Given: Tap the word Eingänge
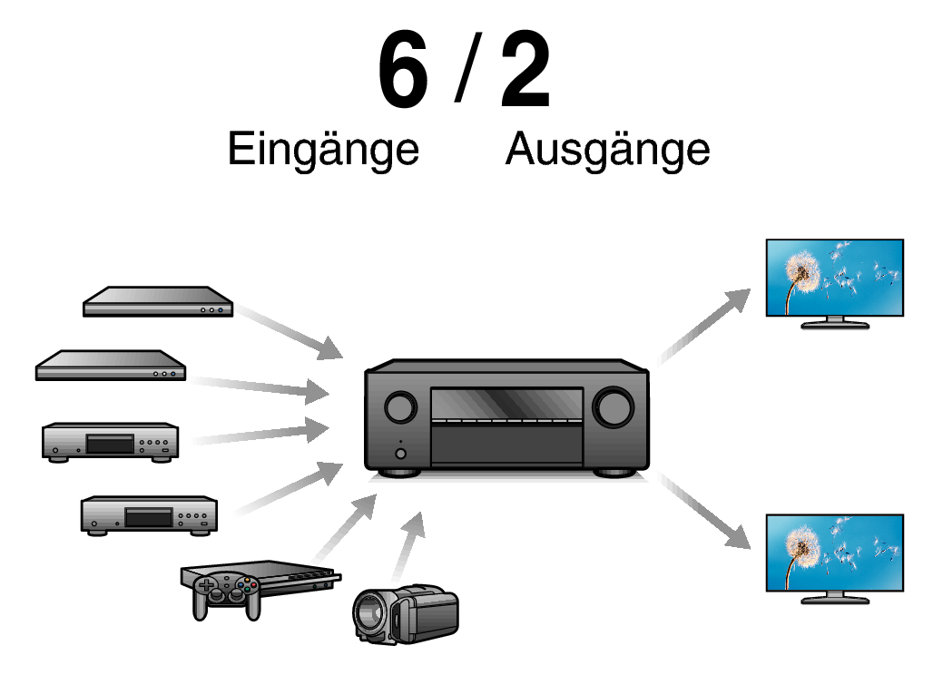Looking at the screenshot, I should [323, 149].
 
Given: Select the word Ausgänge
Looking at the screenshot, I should [607, 149].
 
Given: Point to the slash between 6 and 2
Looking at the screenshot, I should [466, 73].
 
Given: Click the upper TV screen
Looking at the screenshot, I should [834, 277].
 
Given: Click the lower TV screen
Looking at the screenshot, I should [834, 553].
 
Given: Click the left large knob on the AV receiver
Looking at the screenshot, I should [399, 407].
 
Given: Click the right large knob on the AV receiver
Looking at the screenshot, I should [614, 407].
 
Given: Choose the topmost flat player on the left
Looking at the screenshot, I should [158, 302].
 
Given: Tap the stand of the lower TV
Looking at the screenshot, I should [834, 598].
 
